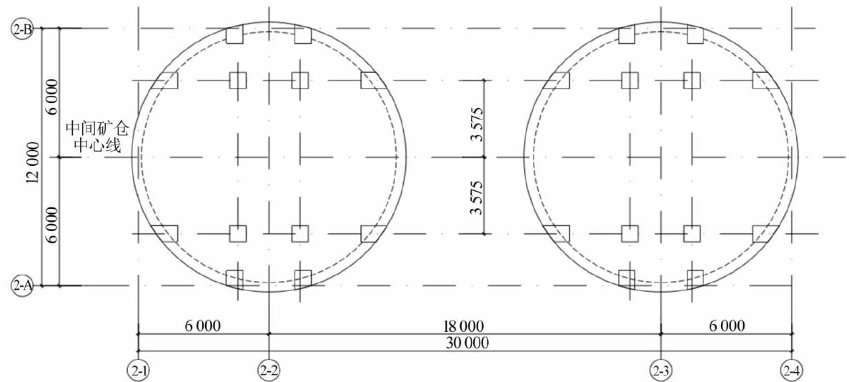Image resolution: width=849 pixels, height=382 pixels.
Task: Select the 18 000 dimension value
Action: coord(464,326)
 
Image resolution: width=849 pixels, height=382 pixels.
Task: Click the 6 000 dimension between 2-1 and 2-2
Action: coord(204,326)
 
